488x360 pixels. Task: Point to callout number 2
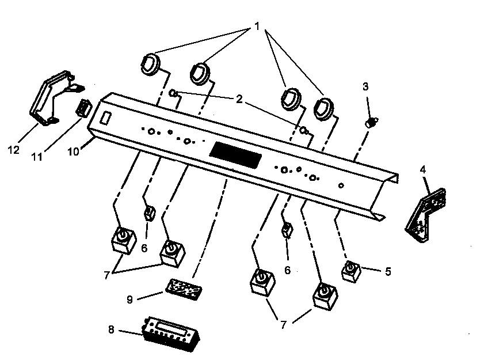point(239,99)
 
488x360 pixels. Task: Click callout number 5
point(388,271)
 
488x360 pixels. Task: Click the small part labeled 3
point(372,122)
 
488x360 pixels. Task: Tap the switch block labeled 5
point(351,270)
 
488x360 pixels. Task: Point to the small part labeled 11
point(85,107)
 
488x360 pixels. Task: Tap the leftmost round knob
point(150,63)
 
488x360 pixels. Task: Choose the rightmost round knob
point(325,108)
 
